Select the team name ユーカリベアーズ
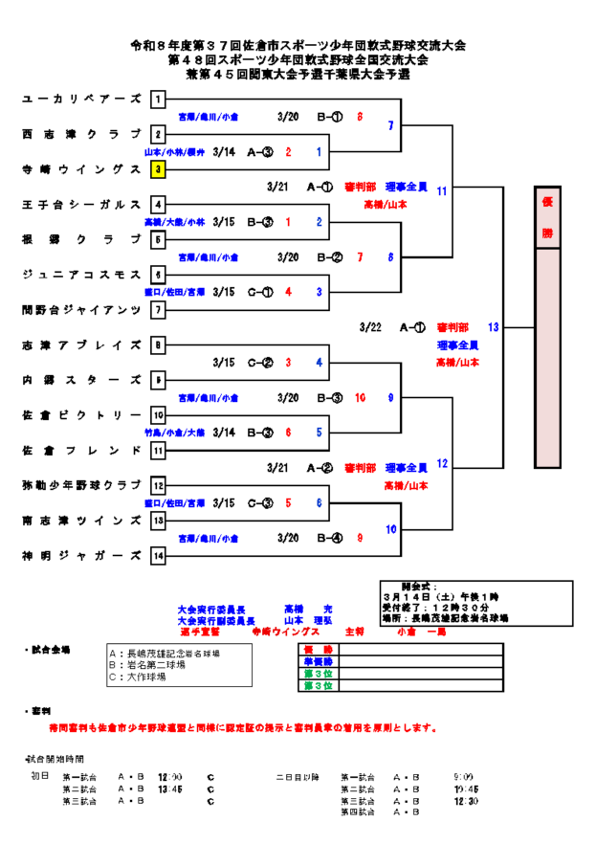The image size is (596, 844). pyautogui.click(x=81, y=99)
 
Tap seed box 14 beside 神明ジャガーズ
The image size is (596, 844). pyautogui.click(x=158, y=556)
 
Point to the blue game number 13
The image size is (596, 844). pyautogui.click(x=494, y=326)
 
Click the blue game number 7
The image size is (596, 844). pyautogui.click(x=390, y=125)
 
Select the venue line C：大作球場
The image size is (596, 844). pyautogui.click(x=140, y=677)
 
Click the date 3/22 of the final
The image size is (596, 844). pyautogui.click(x=370, y=327)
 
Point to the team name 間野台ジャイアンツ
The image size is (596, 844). pyautogui.click(x=81, y=310)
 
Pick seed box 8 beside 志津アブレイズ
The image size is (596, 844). pyautogui.click(x=158, y=344)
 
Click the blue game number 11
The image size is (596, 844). pyautogui.click(x=442, y=191)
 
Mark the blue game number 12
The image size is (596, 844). pyautogui.click(x=442, y=463)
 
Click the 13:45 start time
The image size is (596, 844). pyautogui.click(x=170, y=789)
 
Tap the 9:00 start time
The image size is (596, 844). pyautogui.click(x=464, y=777)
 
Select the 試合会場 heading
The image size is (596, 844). pyautogui.click(x=49, y=650)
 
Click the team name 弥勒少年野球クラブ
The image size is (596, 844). pyautogui.click(x=81, y=485)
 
